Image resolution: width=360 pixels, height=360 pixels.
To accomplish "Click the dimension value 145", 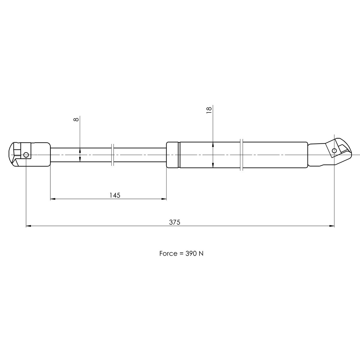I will pyautogui.click(x=115, y=195).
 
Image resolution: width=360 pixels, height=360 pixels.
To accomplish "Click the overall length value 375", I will pyautogui.click(x=174, y=222).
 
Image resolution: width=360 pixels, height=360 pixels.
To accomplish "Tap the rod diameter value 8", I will pyautogui.click(x=76, y=119).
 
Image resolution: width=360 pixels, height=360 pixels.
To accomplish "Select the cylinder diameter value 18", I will pyautogui.click(x=209, y=109).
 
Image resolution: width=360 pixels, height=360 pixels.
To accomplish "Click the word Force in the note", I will pyautogui.click(x=168, y=253).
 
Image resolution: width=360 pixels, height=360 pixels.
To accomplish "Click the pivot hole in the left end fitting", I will pyautogui.click(x=26, y=155).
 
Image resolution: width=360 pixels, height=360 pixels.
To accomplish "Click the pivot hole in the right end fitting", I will pyautogui.click(x=334, y=150).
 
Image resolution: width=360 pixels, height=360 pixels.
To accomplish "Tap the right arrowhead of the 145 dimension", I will pyautogui.click(x=164, y=199).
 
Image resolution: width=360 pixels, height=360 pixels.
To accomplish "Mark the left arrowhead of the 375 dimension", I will pyautogui.click(x=28, y=226).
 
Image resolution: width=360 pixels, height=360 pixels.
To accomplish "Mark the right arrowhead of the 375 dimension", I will pyautogui.click(x=332, y=226).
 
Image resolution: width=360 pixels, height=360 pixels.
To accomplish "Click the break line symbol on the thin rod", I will pyautogui.click(x=112, y=155).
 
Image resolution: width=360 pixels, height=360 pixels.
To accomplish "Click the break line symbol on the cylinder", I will pyautogui.click(x=242, y=155).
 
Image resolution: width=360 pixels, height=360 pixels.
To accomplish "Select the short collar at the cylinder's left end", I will pyautogui.click(x=173, y=155).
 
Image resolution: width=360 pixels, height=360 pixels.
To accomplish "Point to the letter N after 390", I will pyautogui.click(x=201, y=253).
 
